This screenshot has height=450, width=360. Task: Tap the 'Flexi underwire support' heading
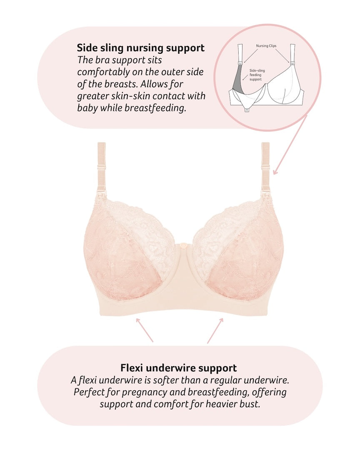(178, 368)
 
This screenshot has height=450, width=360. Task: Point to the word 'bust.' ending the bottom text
(251, 404)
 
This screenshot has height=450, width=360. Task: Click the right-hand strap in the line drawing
(293, 52)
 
